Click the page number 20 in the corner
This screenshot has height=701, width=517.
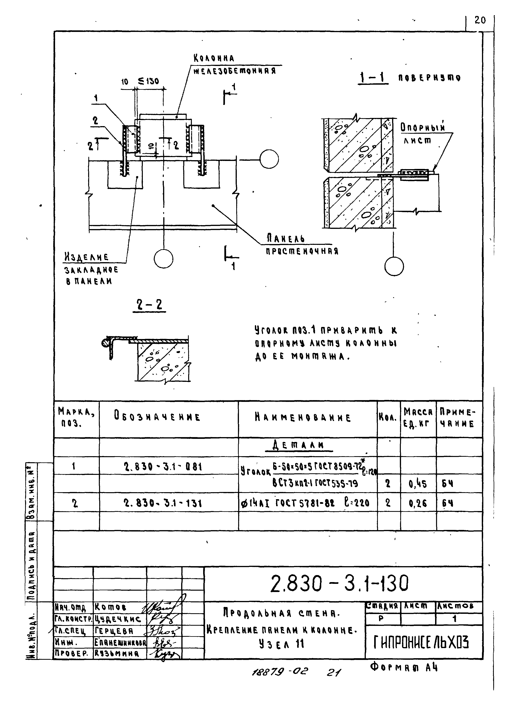pyautogui.click(x=480, y=20)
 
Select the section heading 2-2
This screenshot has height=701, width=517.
pyautogui.click(x=149, y=305)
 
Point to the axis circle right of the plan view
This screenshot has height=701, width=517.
pyautogui.click(x=269, y=159)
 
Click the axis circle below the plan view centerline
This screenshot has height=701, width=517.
pyautogui.click(x=163, y=259)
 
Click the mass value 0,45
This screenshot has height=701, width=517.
pyautogui.click(x=418, y=484)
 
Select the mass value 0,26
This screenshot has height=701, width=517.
pyautogui.click(x=418, y=503)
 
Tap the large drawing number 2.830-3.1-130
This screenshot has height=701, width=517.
pyautogui.click(x=340, y=584)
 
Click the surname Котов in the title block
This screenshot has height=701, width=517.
pyautogui.click(x=111, y=607)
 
